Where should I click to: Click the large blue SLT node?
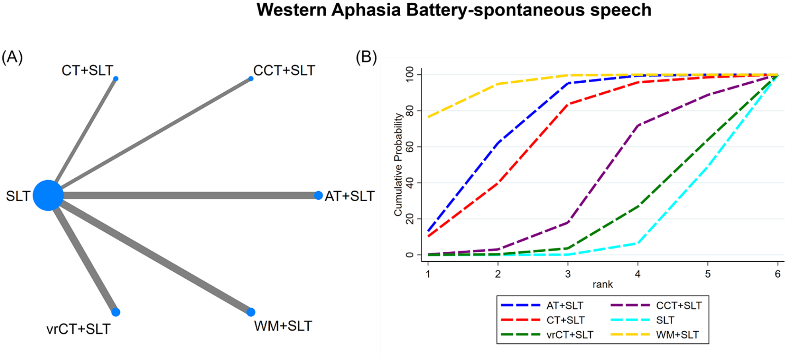click(48, 195)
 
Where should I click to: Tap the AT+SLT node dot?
click(318, 195)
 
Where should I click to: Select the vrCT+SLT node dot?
click(116, 312)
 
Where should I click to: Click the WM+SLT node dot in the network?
click(251, 312)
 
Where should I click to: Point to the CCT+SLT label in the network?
click(284, 70)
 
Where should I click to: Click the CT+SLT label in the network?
click(88, 70)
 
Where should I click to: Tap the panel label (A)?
click(12, 57)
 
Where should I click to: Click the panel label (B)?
click(366, 57)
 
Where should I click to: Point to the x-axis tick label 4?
click(638, 274)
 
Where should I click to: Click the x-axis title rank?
click(603, 284)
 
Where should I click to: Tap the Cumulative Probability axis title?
click(398, 165)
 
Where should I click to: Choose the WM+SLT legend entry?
click(655, 335)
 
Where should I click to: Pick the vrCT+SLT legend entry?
click(547, 335)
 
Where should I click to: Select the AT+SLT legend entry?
click(542, 306)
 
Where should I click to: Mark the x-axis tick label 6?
click(778, 274)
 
